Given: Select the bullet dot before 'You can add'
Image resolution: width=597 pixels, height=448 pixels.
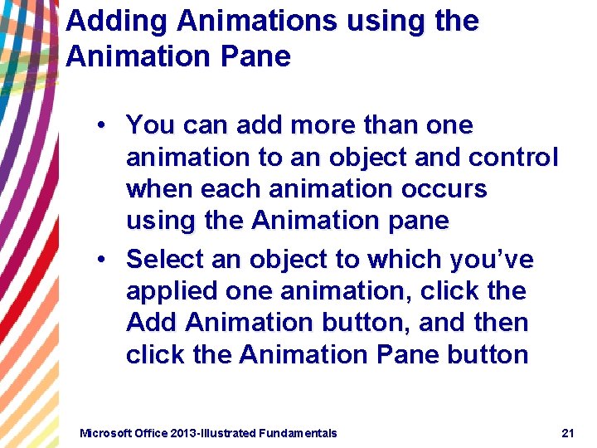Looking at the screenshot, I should point(99,126).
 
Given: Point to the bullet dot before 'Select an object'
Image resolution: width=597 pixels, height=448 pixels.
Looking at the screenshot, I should point(99,261).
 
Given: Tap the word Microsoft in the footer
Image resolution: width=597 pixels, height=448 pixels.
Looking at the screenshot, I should point(104,433).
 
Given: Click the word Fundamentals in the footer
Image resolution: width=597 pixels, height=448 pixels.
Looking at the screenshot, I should point(298,433).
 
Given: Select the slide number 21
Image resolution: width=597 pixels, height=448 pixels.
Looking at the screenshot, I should point(568,433).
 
